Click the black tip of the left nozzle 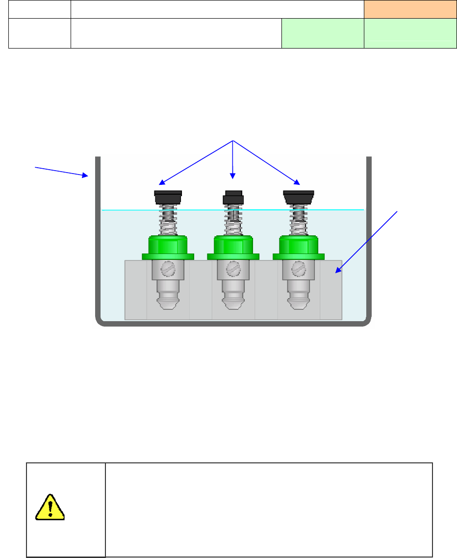[x=168, y=198]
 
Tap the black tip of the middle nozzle [x=233, y=197]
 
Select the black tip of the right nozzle [x=299, y=198]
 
